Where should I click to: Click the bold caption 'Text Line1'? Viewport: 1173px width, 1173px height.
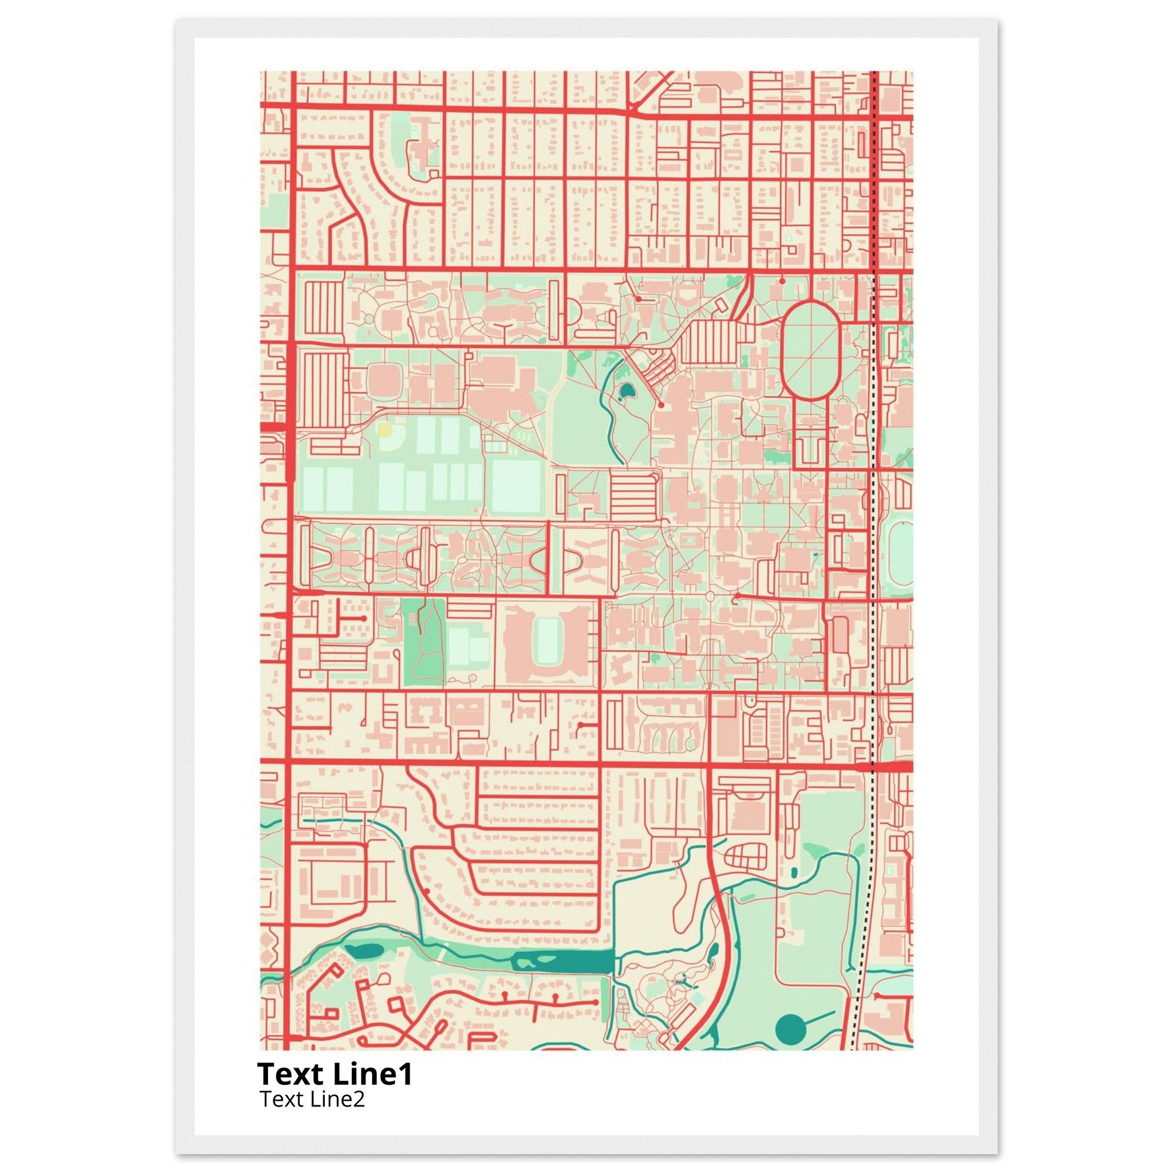[334, 1074]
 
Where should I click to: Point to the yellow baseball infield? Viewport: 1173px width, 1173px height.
[384, 431]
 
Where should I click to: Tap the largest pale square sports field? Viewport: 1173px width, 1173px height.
[516, 487]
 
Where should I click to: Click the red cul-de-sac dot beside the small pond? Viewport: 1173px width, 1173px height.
[661, 404]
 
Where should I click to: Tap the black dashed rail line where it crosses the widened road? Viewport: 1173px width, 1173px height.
[872, 767]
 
